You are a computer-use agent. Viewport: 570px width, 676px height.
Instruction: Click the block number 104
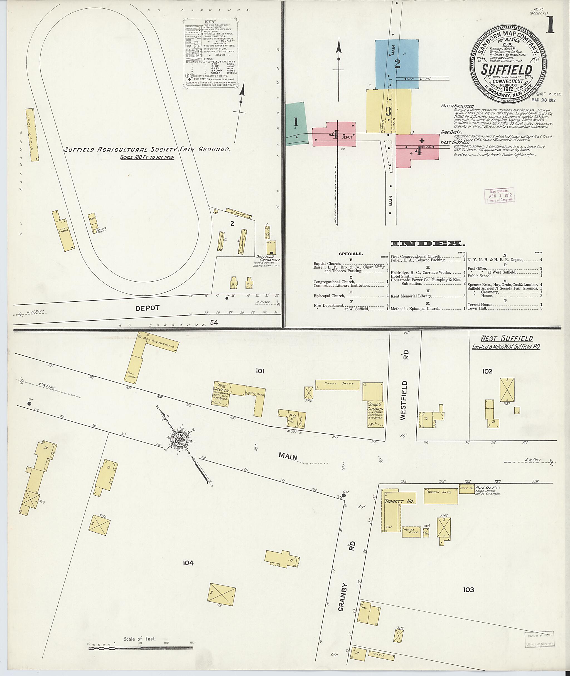188,563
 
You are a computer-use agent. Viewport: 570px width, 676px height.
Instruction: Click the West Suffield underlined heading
506,339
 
